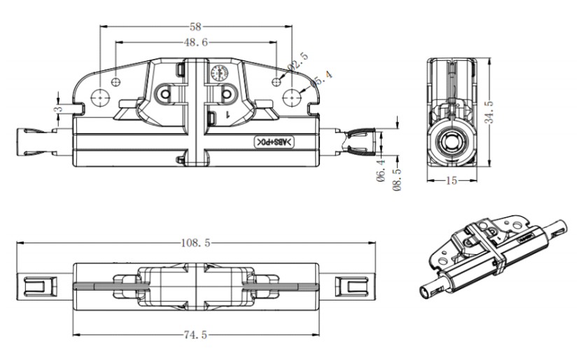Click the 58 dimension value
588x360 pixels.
click(x=196, y=27)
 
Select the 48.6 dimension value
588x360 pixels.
click(x=196, y=43)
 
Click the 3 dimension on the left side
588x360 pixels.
click(x=59, y=108)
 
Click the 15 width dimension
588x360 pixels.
click(x=451, y=181)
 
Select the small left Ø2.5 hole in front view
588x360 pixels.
click(x=116, y=80)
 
